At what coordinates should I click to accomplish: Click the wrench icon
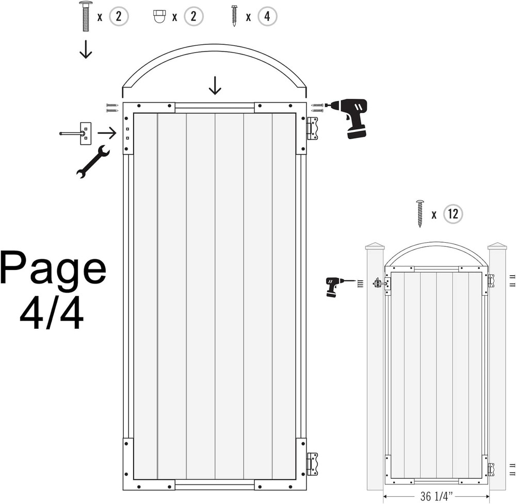tap(92, 162)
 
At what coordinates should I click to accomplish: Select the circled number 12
tap(453, 214)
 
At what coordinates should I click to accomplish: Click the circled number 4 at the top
tap(267, 16)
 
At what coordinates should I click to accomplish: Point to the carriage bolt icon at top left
tap(86, 16)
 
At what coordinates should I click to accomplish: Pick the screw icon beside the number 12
tap(420, 214)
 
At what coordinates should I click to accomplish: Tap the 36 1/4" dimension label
tap(437, 496)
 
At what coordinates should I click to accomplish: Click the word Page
tap(53, 268)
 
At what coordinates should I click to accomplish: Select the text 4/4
tap(52, 313)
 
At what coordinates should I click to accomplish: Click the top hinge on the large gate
tap(312, 128)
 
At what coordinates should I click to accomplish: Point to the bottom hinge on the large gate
tap(312, 464)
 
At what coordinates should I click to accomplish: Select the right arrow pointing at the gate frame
tap(107, 133)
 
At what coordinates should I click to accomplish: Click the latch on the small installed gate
tap(380, 283)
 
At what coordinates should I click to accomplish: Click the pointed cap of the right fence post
tap(497, 246)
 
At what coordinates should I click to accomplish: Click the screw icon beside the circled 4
tap(234, 15)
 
